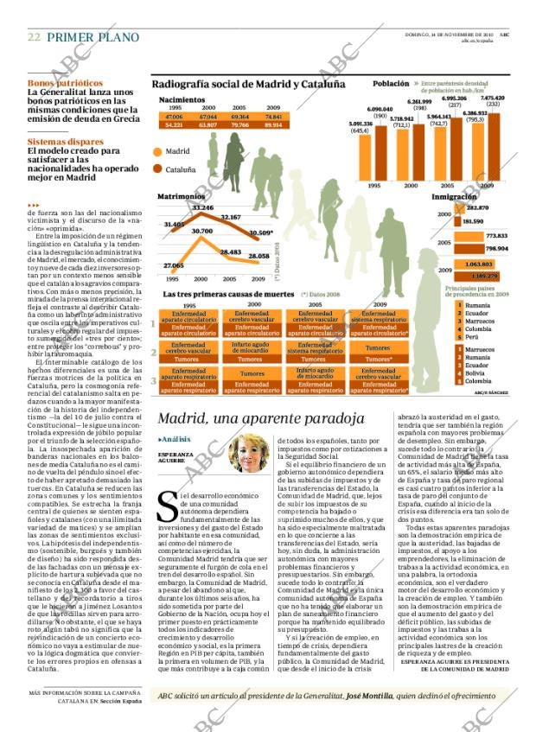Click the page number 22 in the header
click(x=34, y=37)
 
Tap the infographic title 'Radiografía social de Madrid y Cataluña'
click(x=248, y=84)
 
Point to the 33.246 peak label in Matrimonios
click(x=202, y=208)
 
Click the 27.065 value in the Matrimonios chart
click(x=173, y=265)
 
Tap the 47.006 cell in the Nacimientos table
click(x=175, y=116)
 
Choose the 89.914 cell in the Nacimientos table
click(x=273, y=124)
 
